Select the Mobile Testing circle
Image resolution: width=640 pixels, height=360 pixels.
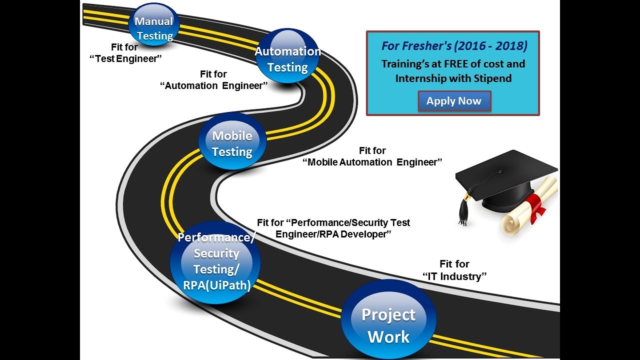tap(232, 142)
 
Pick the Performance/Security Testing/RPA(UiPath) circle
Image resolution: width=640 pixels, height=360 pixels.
tap(215, 262)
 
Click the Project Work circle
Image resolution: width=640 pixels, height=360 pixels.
tap(388, 320)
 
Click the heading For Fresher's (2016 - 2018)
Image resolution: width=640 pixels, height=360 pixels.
tap(454, 46)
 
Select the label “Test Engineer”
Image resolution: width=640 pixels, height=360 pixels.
tap(127, 59)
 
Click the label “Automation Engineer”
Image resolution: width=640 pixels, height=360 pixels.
tap(213, 85)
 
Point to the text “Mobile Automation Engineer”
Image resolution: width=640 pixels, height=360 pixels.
tap(372, 162)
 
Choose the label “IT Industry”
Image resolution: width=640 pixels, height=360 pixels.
tap(454, 276)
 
